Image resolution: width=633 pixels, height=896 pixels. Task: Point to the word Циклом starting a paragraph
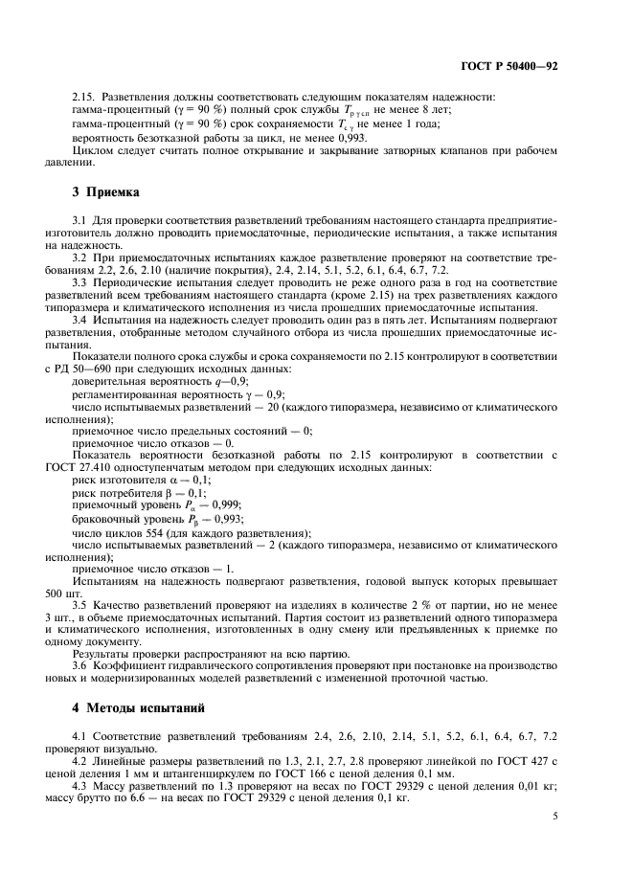(x=96, y=149)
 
